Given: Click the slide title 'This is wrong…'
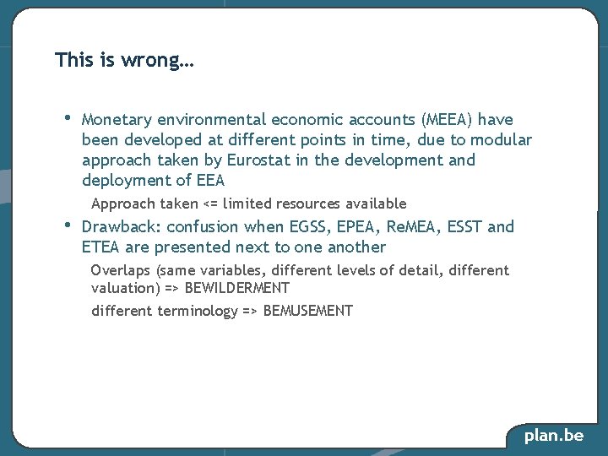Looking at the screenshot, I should click(124, 61).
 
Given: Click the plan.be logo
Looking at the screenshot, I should click(554, 436).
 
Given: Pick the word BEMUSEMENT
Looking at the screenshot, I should click(308, 311).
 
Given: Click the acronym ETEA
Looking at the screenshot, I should click(100, 247).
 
